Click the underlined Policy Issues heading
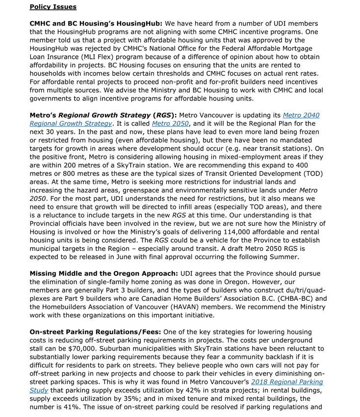point(53,7)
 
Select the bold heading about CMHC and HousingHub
point(96,24)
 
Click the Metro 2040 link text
point(301,115)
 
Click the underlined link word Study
point(38,391)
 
